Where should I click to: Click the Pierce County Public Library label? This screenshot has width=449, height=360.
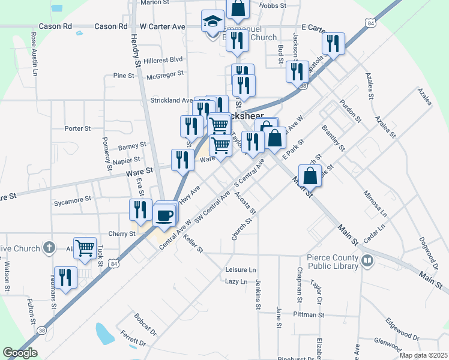point(333,262)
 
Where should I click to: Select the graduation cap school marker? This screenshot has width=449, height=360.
point(212,22)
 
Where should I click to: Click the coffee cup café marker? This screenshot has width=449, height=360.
point(164,215)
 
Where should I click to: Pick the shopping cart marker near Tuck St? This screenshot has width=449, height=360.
point(85,247)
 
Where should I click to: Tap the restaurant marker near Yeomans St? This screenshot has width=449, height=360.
point(65,277)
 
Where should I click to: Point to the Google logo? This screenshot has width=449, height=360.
point(20,353)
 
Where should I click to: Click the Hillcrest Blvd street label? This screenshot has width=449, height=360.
point(163,60)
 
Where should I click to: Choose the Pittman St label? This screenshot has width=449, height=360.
point(309,314)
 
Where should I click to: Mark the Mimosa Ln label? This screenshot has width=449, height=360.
point(375,204)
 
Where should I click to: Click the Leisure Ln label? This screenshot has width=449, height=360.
point(240,270)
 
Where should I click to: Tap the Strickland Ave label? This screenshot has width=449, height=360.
point(171,100)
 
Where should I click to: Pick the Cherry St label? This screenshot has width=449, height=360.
point(122,234)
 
